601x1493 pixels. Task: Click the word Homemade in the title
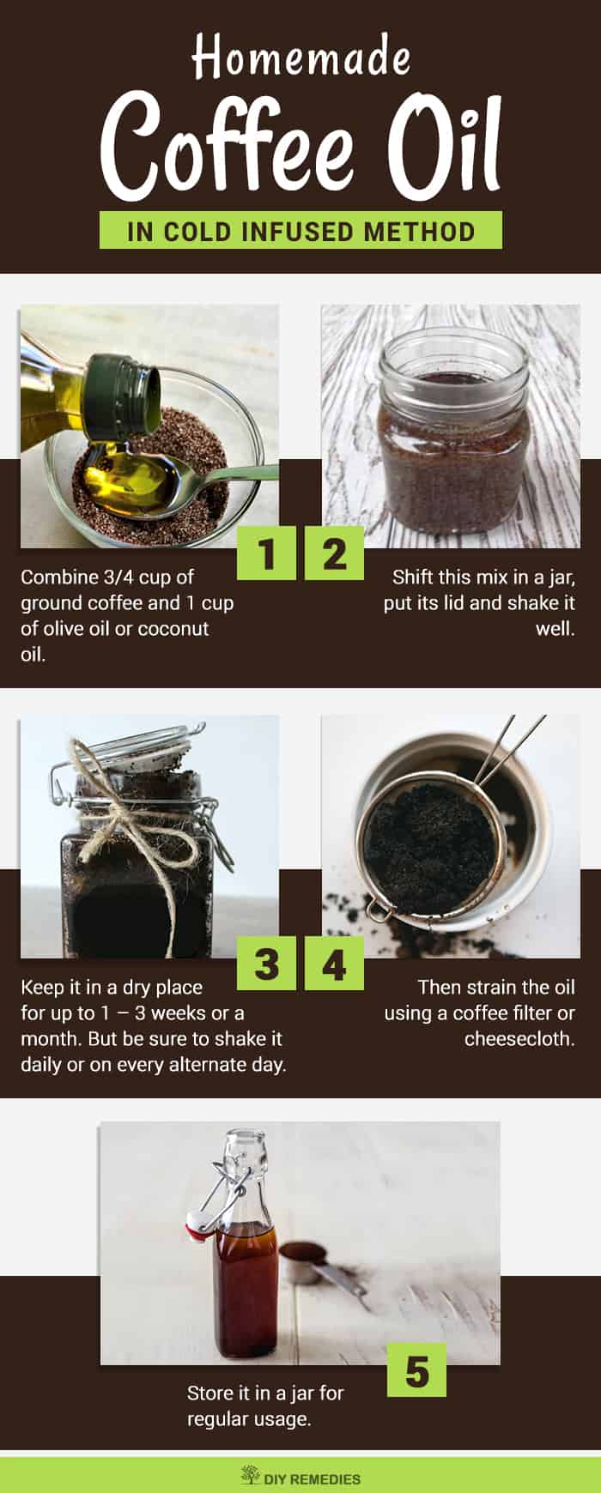coord(300,58)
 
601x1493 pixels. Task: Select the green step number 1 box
coord(267,553)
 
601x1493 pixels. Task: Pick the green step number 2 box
coord(334,553)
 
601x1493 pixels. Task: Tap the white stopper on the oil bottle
coord(200,1225)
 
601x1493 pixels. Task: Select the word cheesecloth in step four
coord(519,1038)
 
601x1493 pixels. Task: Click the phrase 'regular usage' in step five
coord(249,1419)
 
